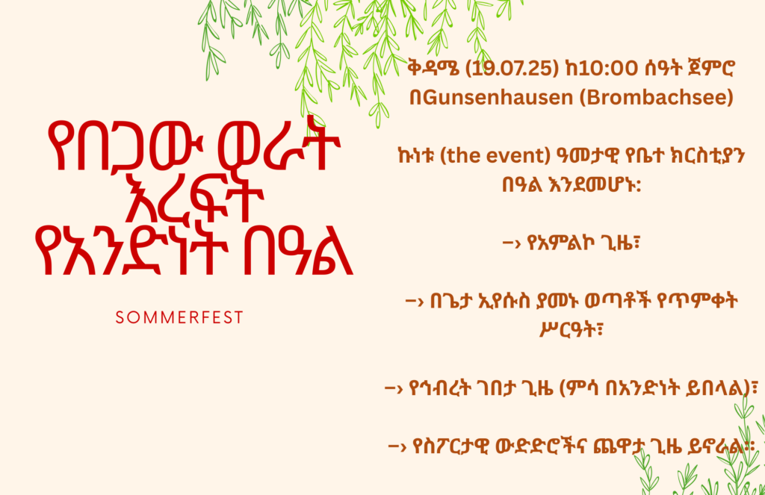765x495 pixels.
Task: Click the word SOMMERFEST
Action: click(179, 317)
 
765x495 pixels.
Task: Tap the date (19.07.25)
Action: click(512, 68)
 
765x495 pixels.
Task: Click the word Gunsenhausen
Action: click(498, 98)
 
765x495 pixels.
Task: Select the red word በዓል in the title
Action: click(297, 251)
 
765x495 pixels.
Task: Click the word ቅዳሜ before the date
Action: click(434, 68)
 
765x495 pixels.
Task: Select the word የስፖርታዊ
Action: click(450, 446)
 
